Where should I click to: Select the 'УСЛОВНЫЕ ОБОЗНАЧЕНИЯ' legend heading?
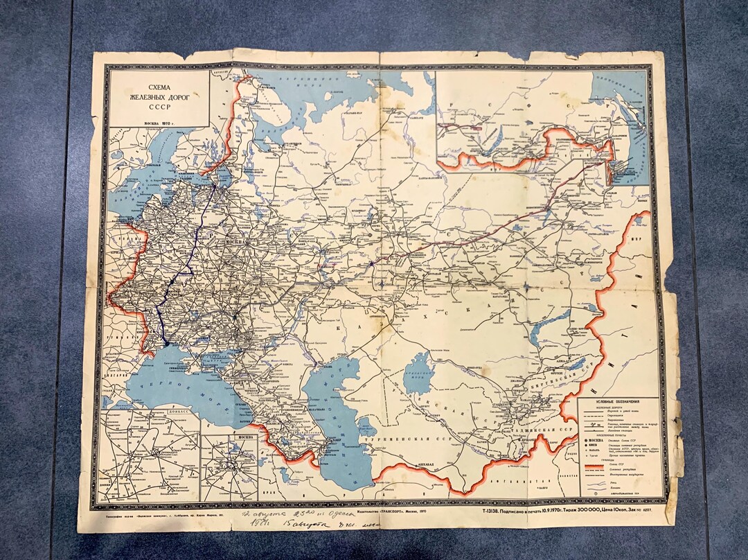pyautogui.click(x=617, y=402)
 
